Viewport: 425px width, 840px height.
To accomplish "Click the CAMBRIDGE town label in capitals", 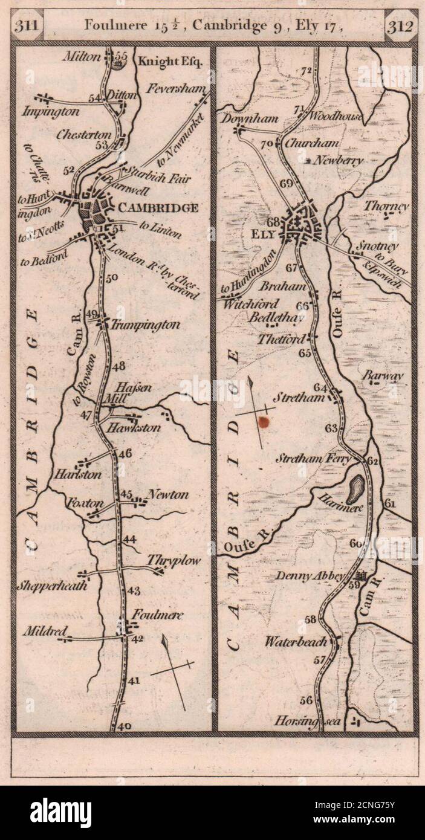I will pyautogui.click(x=159, y=208).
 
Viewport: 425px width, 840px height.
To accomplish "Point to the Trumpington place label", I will pyautogui.click(x=145, y=325).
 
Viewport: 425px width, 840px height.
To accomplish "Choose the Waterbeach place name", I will pyautogui.click(x=296, y=642).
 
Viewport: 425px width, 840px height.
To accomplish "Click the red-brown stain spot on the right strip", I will pyautogui.click(x=263, y=422).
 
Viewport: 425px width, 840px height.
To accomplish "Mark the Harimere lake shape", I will pyautogui.click(x=356, y=486).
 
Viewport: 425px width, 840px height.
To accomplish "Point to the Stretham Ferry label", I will pyautogui.click(x=313, y=459).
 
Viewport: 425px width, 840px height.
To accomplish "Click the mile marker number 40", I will pyautogui.click(x=125, y=726).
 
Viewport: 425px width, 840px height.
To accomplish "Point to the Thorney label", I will pyautogui.click(x=386, y=205).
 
